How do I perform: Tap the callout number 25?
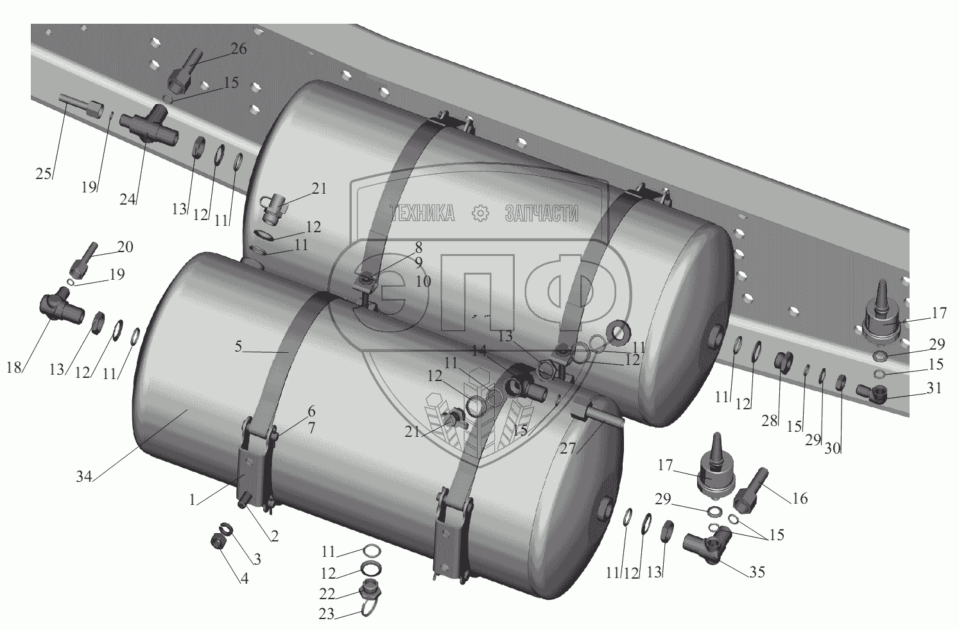(x=44, y=175)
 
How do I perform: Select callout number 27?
(x=567, y=448)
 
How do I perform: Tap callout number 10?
(x=422, y=281)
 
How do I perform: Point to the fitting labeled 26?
(x=181, y=74)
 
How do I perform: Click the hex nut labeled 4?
(x=218, y=542)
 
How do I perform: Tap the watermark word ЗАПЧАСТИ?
(x=542, y=214)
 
